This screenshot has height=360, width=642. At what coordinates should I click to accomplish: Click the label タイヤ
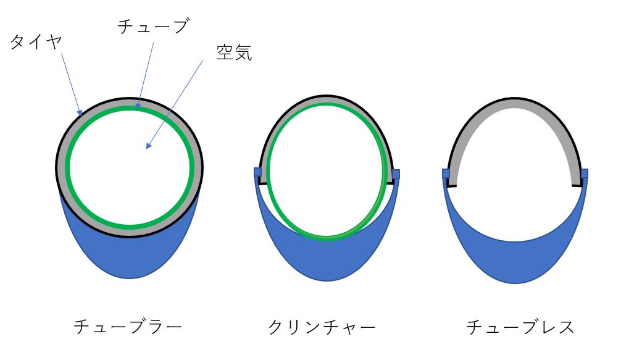pyautogui.click(x=36, y=42)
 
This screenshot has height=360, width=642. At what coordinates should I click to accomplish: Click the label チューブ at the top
pyautogui.click(x=152, y=26)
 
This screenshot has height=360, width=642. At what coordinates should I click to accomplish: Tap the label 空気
pyautogui.click(x=234, y=53)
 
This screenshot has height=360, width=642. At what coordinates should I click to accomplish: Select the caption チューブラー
pyautogui.click(x=128, y=327)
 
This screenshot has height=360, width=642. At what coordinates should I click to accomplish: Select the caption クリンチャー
pyautogui.click(x=322, y=327)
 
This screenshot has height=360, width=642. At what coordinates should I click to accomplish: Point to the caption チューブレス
pyautogui.click(x=520, y=327)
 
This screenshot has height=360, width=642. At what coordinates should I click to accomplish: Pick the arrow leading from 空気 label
pyautogui.click(x=175, y=105)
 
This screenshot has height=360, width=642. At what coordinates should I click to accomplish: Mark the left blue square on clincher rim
pyautogui.click(x=258, y=172)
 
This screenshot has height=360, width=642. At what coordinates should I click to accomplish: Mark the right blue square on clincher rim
pyautogui.click(x=396, y=174)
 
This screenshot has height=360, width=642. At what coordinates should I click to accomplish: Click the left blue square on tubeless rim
pyautogui.click(x=446, y=174)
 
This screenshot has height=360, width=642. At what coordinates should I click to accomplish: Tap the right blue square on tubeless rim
pyautogui.click(x=584, y=174)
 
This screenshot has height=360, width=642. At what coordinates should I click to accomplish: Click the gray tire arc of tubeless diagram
pyautogui.click(x=515, y=103)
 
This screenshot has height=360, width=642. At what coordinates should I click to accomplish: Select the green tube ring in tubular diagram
pyautogui.click(x=130, y=167)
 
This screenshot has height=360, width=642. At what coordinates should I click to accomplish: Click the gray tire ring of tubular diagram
pyautogui.click(x=130, y=102)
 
